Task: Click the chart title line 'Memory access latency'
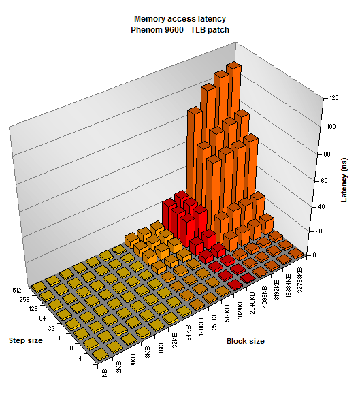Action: tap(180, 19)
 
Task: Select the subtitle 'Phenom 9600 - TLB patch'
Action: tap(180, 30)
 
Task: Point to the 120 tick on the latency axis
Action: tap(334, 98)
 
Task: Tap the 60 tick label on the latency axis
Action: tap(324, 181)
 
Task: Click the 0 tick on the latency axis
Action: tap(314, 255)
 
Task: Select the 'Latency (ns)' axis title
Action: tap(344, 180)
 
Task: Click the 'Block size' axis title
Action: tap(246, 341)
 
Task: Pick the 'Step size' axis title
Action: tap(26, 340)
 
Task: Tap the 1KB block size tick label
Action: tap(105, 374)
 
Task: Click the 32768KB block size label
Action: tap(299, 280)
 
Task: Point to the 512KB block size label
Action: tap(227, 313)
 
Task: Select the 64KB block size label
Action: tap(189, 333)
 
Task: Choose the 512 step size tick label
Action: tap(17, 291)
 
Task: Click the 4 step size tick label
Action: tap(80, 359)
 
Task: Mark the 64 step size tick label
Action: tap(42, 318)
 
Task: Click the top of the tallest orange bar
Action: tap(233, 66)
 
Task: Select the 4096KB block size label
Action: tap(264, 297)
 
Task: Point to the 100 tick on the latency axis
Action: tap(331, 127)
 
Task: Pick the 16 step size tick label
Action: tap(61, 338)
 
